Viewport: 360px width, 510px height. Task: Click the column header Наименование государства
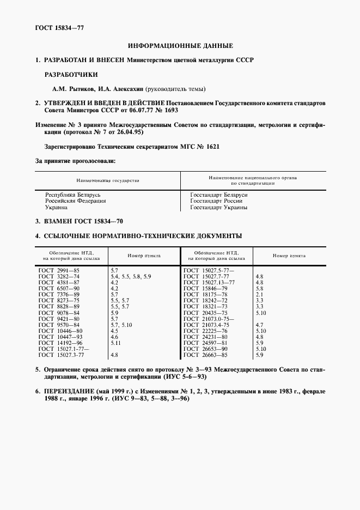click(107, 180)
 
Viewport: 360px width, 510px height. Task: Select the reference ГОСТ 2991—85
click(59, 270)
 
